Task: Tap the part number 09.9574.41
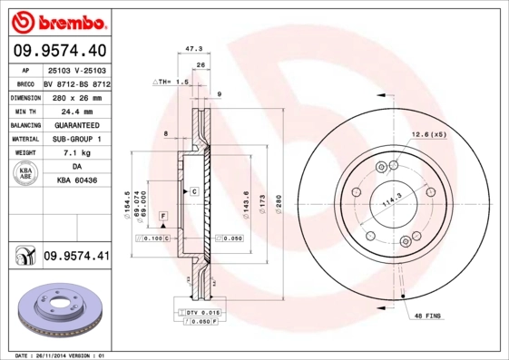click(76, 258)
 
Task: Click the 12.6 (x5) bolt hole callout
click(429, 134)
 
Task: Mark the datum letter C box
click(193, 192)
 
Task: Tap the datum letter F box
click(162, 215)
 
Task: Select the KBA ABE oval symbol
click(24, 174)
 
